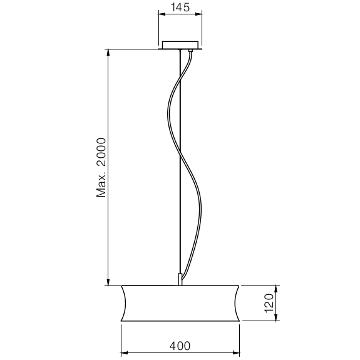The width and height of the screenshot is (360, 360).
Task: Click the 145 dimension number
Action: tap(180, 9)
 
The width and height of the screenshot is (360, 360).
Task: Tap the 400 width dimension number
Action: tap(180, 345)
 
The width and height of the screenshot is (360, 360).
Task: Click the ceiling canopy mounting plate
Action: tap(180, 45)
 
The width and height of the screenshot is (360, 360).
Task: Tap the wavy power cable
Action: tap(169, 113)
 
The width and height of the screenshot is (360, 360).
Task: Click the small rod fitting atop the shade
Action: tap(181, 279)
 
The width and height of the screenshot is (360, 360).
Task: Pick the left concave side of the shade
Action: tap(123, 303)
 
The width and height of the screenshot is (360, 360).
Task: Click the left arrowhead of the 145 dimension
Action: tap(160, 17)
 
